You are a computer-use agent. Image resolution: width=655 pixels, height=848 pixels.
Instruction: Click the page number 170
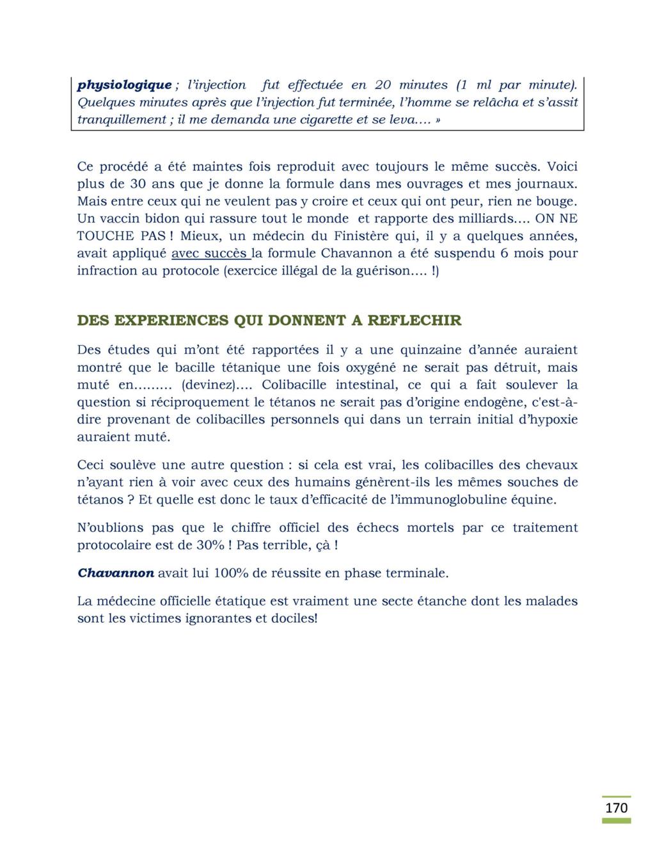[617, 808]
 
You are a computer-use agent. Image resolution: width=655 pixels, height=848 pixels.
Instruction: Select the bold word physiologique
[124, 85]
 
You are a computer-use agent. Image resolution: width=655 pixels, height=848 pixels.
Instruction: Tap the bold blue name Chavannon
[116, 573]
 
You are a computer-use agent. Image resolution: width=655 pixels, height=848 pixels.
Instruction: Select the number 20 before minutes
[383, 85]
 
